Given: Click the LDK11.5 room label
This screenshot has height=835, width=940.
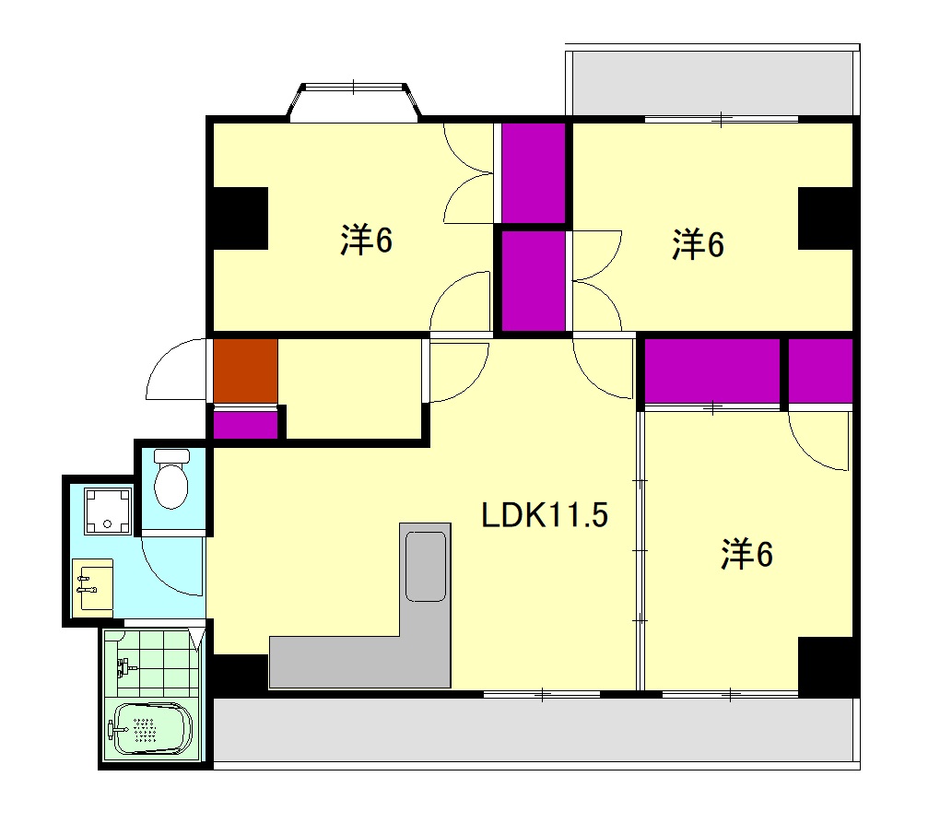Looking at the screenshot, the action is coord(545,515).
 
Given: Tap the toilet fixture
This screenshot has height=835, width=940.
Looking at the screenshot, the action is coord(171,478).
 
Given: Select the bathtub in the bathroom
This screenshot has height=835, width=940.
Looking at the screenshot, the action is coord(153,729).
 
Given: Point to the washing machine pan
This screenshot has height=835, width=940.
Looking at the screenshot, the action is coord(107,511).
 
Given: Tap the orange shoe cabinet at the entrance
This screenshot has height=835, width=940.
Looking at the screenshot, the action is coord(246,371).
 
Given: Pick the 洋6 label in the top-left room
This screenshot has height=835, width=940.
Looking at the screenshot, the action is coord(366,240).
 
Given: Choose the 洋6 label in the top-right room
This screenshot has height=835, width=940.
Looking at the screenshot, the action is coord(698,244).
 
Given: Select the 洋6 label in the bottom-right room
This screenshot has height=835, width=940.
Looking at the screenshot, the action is coord(746,554).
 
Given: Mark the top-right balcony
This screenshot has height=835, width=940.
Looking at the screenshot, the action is coord(712,82).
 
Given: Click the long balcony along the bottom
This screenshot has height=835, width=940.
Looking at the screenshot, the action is coord(536,733).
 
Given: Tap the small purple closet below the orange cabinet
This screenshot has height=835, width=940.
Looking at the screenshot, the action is coord(246,424).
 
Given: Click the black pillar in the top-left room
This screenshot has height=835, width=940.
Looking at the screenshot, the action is coord(241,218).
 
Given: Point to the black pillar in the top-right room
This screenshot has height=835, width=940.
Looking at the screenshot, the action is coord(826,218).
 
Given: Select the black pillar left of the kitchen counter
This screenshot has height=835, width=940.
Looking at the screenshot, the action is coord(241,675).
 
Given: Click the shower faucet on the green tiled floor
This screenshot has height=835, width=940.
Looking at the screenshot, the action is coord(126,666).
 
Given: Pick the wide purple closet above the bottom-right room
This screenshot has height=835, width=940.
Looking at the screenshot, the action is coord(712,371).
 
